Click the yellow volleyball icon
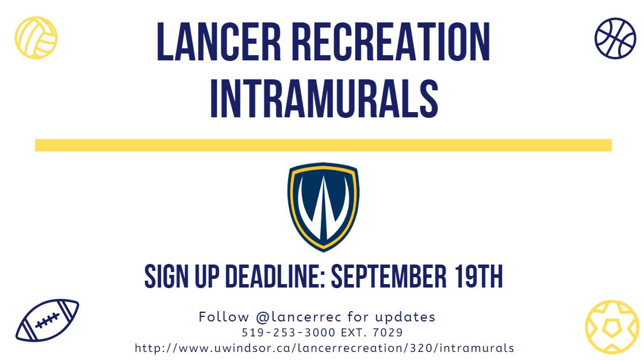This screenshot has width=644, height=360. [x=36, y=37]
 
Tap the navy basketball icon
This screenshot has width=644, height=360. [x=615, y=37]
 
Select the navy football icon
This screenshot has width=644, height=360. [x=47, y=320]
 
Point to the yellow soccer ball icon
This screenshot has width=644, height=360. [x=612, y=326]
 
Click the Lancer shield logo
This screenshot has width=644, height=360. [x=323, y=206]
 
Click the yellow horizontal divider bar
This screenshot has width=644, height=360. [x=323, y=145]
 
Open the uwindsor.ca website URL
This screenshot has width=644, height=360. [x=324, y=348]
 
